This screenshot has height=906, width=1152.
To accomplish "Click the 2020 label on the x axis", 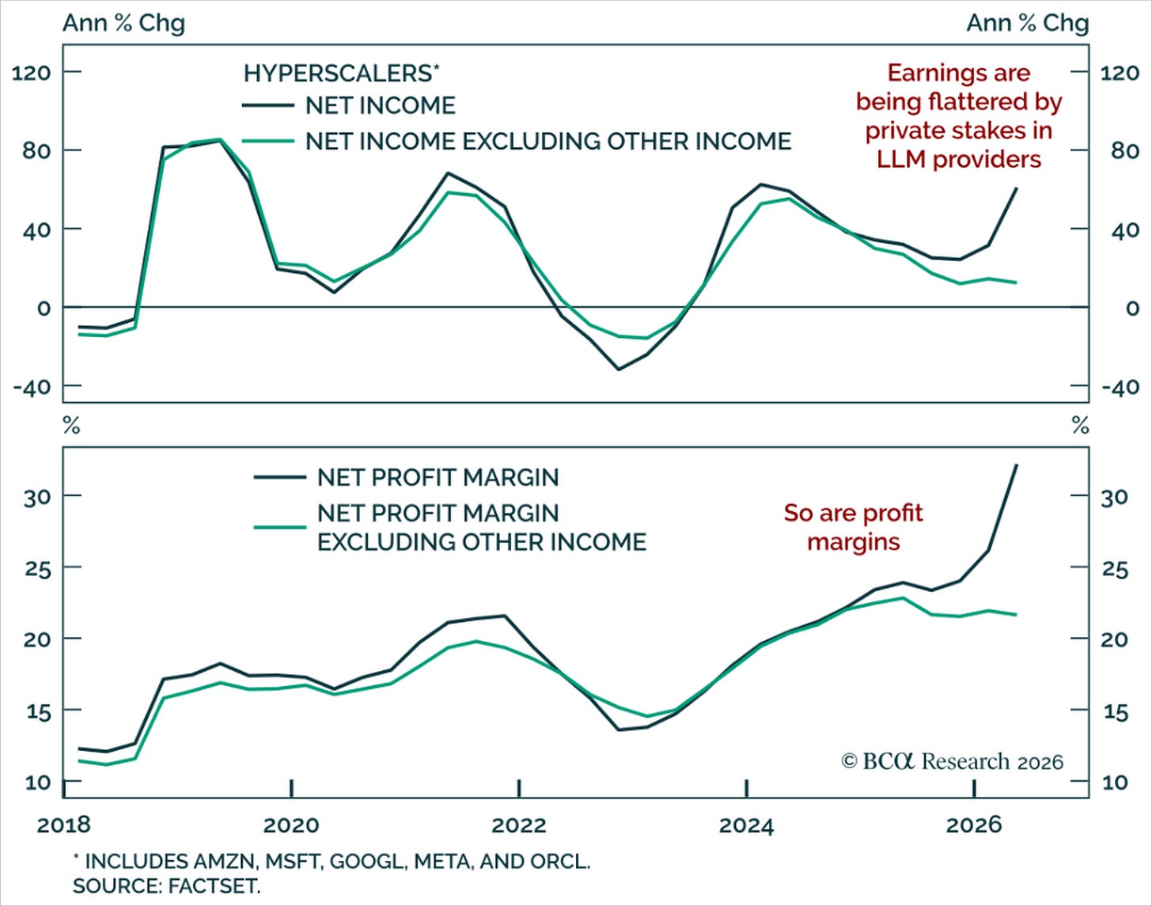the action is coord(291,825).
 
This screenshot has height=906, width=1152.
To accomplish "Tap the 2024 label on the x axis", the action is coord(746,825).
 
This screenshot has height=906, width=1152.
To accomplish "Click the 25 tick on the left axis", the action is coord(37,569).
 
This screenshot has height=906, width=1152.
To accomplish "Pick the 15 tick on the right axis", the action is coord(1115,711).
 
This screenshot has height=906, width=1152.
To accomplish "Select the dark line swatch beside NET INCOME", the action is coord(267,105).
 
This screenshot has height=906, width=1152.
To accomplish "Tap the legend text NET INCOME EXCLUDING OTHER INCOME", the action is coord(548,142).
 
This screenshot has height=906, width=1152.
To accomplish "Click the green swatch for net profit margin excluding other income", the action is coord(279,528).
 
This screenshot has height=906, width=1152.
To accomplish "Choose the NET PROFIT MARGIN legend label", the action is coord(438,477).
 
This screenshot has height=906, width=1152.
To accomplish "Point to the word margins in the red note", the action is coord(853,542).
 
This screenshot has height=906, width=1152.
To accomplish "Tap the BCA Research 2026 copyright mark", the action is coord(952,761).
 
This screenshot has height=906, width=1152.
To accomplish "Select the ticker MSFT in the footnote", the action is coord(294,862).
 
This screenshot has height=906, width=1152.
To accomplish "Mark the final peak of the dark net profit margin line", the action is coord(1016,464).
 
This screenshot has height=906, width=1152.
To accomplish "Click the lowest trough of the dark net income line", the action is coord(619,369).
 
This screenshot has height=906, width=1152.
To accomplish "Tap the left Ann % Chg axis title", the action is coord(124,23).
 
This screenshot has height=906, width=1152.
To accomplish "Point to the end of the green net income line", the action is coord(1015,282).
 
